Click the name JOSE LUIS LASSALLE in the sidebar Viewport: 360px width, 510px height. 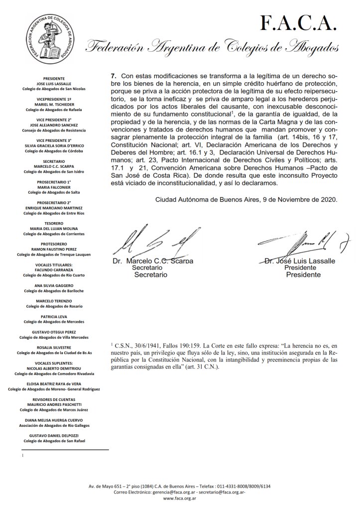click(54, 84)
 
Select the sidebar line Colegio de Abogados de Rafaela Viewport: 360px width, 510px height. click(54, 110)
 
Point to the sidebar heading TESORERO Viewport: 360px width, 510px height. click(54, 223)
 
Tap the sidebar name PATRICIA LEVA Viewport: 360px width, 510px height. click(54, 317)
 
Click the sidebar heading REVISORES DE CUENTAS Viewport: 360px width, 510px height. click(54, 399)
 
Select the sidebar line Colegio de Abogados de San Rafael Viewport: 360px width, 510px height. click(54, 441)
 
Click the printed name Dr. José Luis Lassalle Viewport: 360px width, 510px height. click(300, 261)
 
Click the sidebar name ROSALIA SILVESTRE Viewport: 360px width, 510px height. click(54, 348)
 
